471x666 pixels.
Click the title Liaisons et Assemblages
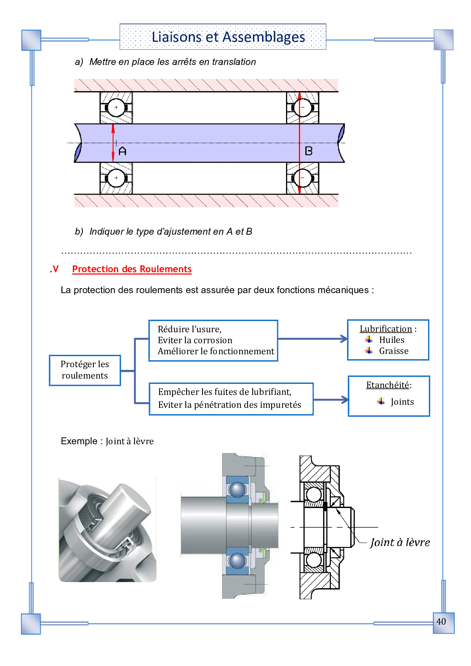[x=228, y=37]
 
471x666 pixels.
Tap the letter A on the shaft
[x=122, y=151]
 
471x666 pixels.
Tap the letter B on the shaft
[x=309, y=151]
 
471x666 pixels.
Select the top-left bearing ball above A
[x=116, y=107]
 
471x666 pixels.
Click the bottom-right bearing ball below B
[x=303, y=178]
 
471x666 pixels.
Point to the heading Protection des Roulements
[x=132, y=269]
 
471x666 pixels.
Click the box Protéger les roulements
[x=85, y=370]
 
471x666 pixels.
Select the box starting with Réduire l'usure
[x=213, y=340]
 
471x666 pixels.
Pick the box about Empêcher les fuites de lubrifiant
[x=231, y=399]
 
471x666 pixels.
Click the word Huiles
[x=392, y=340]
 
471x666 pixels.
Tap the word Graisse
[x=394, y=351]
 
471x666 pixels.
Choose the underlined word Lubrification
[x=386, y=329]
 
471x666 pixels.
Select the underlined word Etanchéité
[x=387, y=385]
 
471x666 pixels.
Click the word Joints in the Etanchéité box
[x=402, y=402]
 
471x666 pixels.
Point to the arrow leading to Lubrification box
[x=312, y=339]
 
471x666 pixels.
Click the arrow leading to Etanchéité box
[x=330, y=399]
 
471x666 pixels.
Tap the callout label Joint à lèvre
[x=400, y=542]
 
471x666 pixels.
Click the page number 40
[x=441, y=622]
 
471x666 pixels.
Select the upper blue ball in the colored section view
[x=237, y=489]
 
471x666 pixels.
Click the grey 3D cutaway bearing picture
[x=107, y=530]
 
